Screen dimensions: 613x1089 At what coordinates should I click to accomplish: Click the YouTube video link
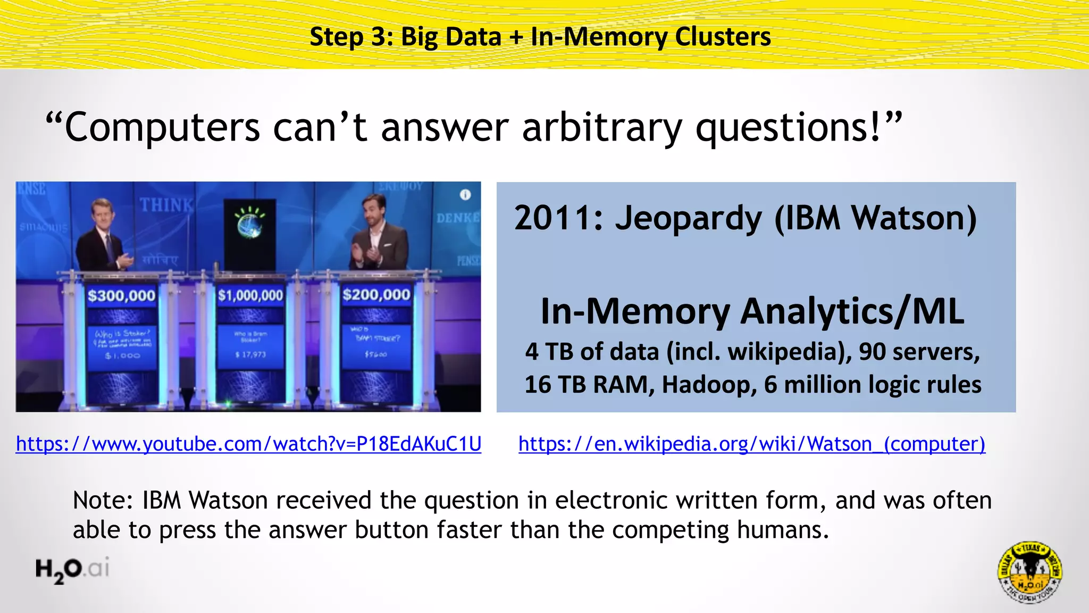pyautogui.click(x=248, y=444)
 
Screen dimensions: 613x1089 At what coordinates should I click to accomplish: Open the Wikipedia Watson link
pyautogui.click(x=751, y=444)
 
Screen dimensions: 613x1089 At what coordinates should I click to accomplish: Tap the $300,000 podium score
pyautogui.click(x=121, y=296)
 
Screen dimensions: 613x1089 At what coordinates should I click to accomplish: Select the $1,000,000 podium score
pyautogui.click(x=250, y=295)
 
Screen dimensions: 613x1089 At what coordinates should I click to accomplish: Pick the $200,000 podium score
pyautogui.click(x=376, y=295)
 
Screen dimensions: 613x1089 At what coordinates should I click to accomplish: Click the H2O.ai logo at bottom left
pyautogui.click(x=72, y=569)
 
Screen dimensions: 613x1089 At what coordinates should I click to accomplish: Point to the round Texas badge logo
pyautogui.click(x=1029, y=573)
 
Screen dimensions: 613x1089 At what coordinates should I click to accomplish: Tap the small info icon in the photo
pyautogui.click(x=465, y=195)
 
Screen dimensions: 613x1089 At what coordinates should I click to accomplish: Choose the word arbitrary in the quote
pyautogui.click(x=602, y=128)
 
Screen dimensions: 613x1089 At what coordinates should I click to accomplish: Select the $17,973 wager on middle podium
pyautogui.click(x=250, y=354)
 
